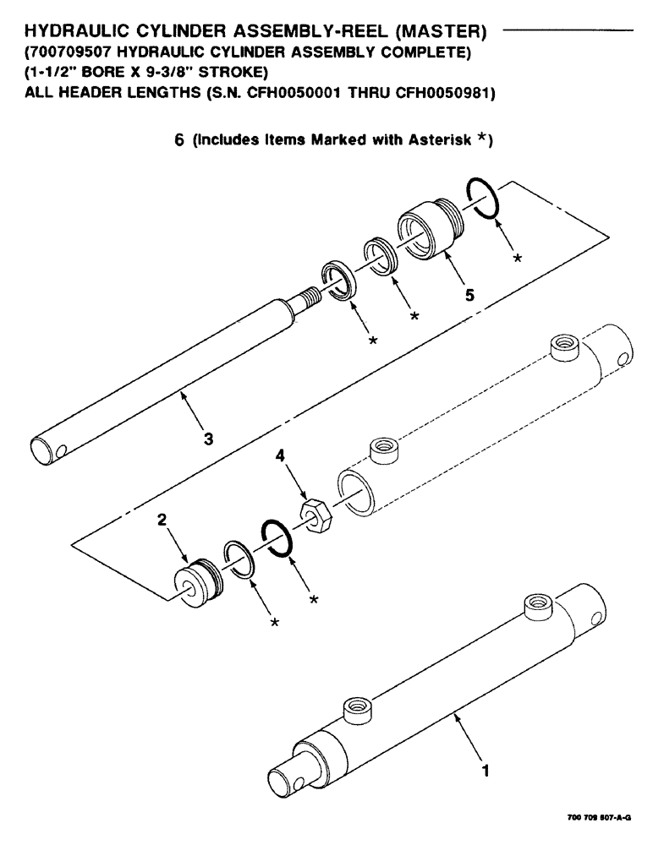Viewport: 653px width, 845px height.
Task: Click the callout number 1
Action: coord(484,770)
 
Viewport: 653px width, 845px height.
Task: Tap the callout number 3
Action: coord(209,438)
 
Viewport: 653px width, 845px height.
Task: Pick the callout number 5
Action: coord(469,295)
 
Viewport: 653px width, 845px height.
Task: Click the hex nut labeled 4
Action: coord(315,514)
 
